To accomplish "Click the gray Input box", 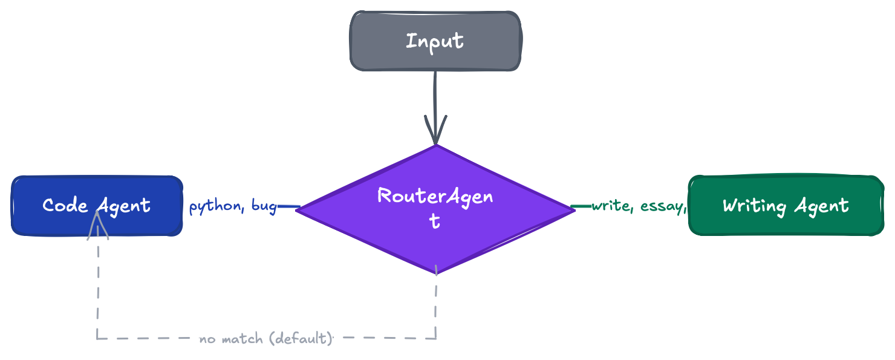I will (435, 41).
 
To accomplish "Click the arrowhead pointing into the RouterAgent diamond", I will (435, 130).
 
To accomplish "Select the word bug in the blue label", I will (264, 206).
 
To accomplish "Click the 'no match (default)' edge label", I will (266, 339).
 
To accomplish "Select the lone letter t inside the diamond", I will (435, 222).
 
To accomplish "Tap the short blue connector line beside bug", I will (288, 206).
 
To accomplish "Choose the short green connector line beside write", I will (581, 206).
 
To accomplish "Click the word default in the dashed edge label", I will (301, 339).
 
